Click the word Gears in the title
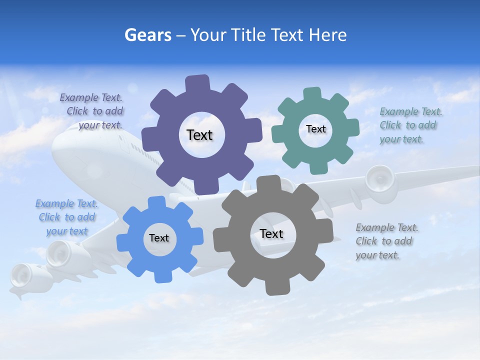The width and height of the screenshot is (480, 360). (147, 35)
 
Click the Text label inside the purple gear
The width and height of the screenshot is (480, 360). (199, 135)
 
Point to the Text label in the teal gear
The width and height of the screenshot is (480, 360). (315, 129)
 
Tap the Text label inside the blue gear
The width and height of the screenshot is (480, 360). (158, 238)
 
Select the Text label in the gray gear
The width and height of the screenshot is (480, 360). (271, 233)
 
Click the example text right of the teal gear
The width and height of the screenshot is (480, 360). (410, 125)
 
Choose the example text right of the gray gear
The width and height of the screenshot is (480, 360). (386, 241)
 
